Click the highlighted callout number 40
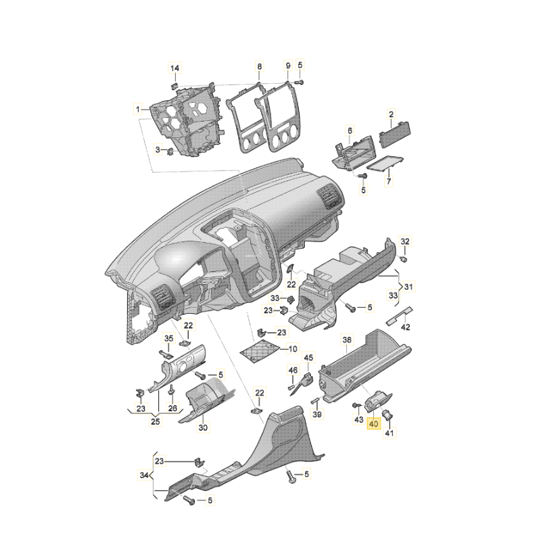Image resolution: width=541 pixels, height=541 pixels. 374,423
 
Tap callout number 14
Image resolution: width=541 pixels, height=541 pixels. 175,68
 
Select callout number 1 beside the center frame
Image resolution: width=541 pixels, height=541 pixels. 138,110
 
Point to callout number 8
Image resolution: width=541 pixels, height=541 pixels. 260,66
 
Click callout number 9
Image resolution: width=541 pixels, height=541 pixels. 288,65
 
